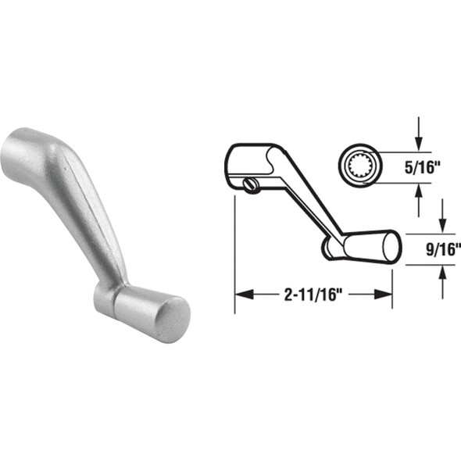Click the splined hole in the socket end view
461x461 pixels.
tap(362, 165)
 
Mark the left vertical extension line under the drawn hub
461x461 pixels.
tap(235, 250)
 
